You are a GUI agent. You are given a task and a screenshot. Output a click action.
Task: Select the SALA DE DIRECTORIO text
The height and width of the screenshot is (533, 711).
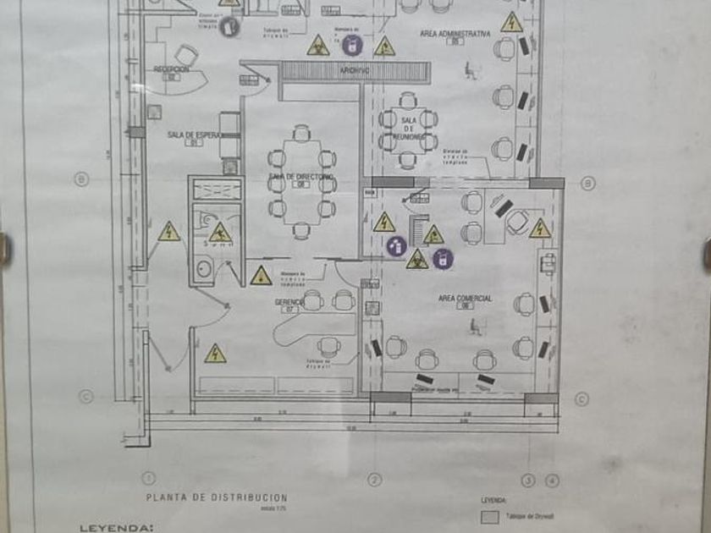(x=301, y=177)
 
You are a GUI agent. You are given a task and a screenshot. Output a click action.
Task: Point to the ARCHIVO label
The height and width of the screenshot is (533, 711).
(x=355, y=71)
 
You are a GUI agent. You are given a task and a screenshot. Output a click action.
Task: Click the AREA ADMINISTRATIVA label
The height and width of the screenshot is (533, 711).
(x=455, y=35)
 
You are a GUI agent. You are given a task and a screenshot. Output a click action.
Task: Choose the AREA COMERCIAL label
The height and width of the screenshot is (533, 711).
(x=466, y=299)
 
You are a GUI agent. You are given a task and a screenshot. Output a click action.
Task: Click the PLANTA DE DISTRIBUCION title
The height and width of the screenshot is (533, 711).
(x=218, y=497)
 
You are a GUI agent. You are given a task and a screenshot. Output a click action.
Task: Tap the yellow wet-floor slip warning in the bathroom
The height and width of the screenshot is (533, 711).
(x=220, y=233)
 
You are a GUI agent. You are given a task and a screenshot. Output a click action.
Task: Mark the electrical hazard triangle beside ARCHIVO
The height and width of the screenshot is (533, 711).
(x=384, y=47)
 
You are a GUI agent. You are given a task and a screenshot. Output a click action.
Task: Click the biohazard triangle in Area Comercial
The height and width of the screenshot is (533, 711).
(x=416, y=260)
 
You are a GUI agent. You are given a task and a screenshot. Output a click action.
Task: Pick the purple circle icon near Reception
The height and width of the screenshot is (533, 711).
(x=229, y=28)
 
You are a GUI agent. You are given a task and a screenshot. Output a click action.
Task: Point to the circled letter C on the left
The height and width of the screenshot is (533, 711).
(x=85, y=396)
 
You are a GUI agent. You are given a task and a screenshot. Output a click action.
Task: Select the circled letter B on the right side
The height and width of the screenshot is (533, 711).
(x=587, y=183)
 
